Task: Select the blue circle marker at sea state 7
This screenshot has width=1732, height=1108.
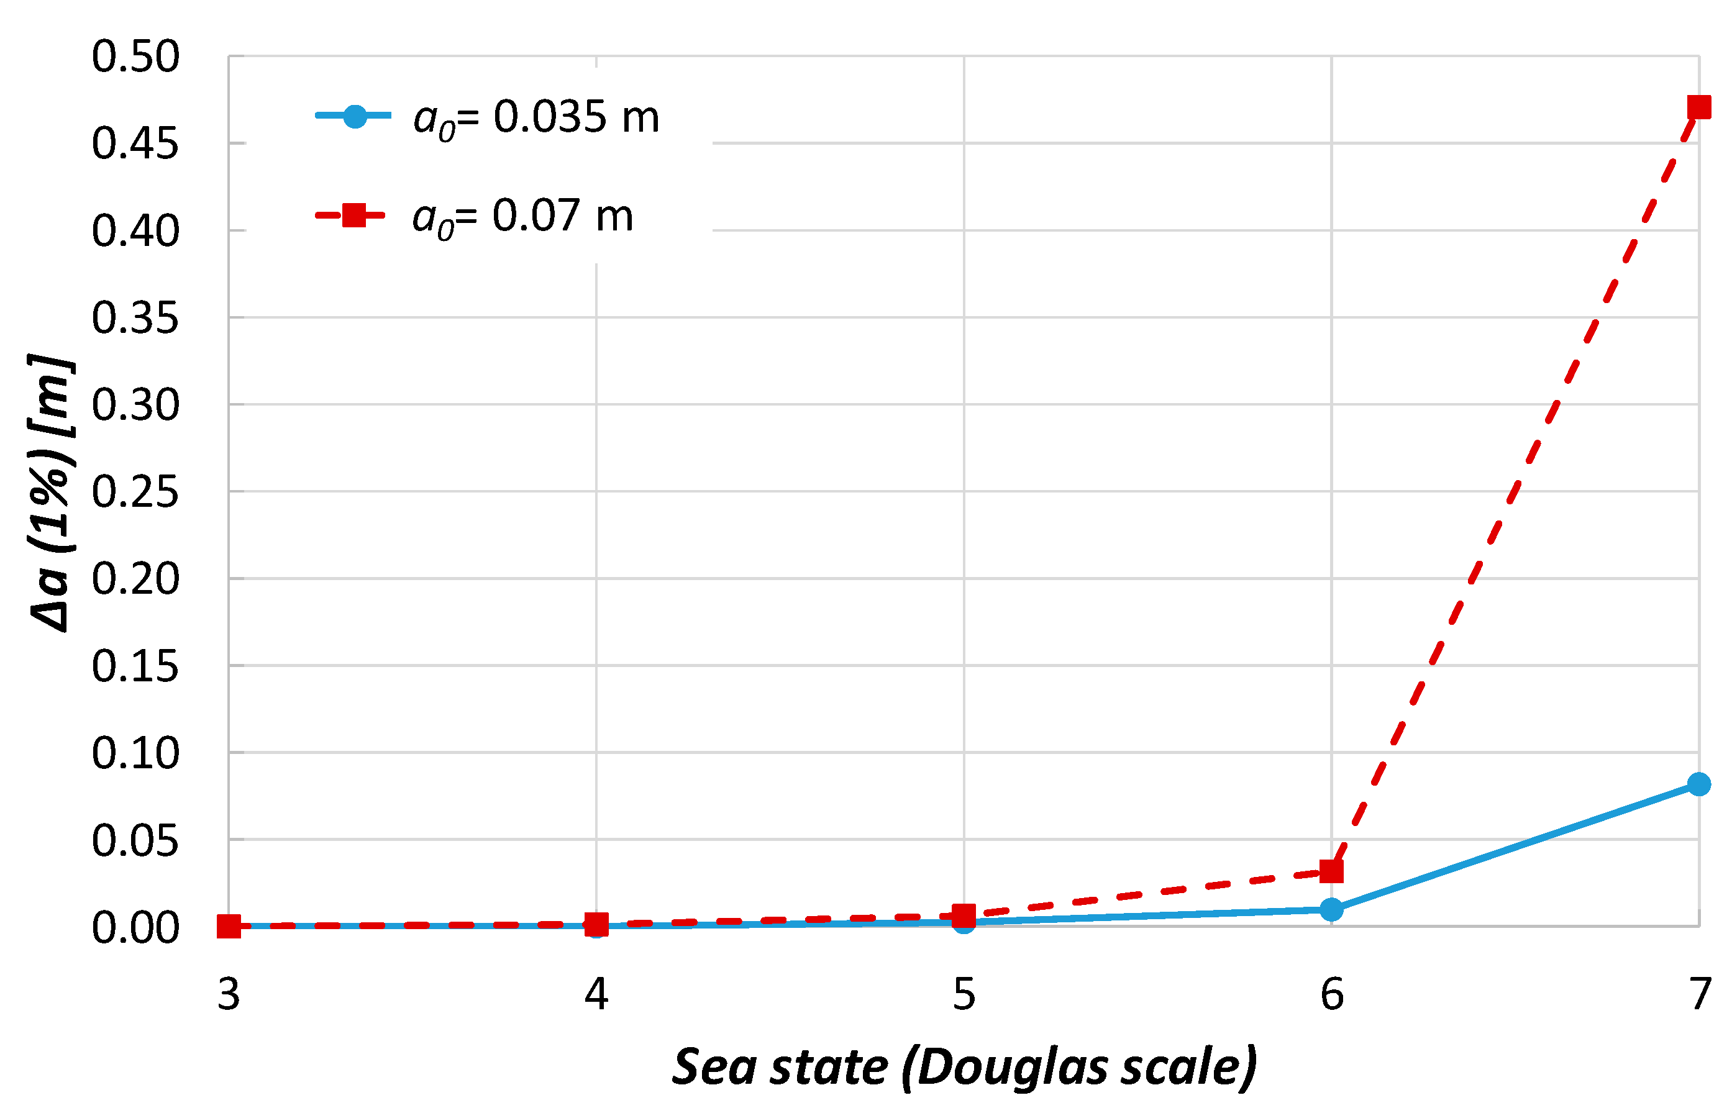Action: (x=1699, y=784)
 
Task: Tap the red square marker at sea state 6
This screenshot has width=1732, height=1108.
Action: (x=1331, y=871)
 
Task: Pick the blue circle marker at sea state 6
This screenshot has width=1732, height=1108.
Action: (x=1331, y=909)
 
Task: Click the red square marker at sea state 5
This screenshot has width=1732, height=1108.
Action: (x=964, y=916)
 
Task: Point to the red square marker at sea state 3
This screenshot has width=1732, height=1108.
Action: (x=229, y=927)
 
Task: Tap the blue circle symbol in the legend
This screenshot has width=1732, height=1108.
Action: (x=354, y=116)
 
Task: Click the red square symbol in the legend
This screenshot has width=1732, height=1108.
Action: (x=354, y=214)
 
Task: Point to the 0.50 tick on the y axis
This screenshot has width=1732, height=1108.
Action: (x=135, y=57)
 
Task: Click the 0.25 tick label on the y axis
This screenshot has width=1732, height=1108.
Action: (x=135, y=493)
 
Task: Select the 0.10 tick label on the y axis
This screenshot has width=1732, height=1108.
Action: (x=135, y=754)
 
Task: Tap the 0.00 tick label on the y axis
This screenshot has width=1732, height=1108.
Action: (x=135, y=928)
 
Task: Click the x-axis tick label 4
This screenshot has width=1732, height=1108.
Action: (x=596, y=994)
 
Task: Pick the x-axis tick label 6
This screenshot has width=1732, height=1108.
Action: (x=1332, y=994)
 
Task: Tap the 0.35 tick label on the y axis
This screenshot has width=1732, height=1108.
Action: (x=135, y=318)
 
